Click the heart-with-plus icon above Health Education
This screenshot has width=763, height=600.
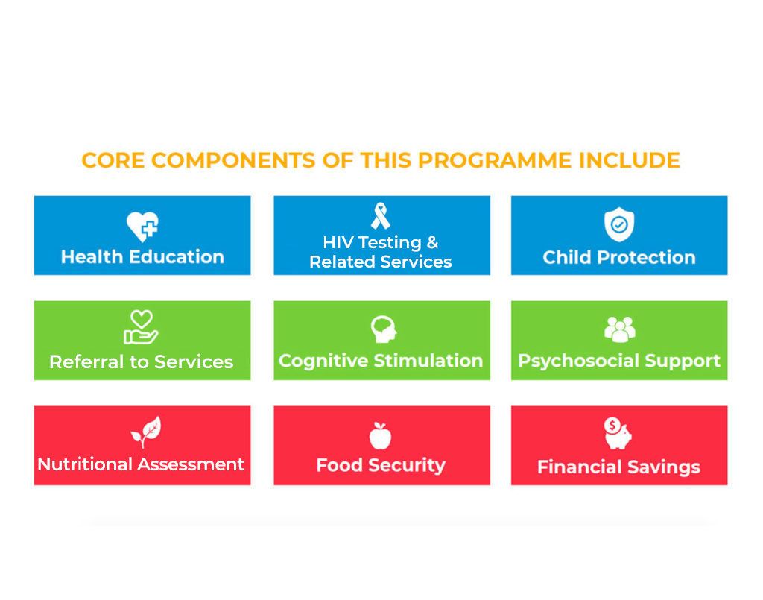[x=142, y=227]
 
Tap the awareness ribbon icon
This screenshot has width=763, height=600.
[x=381, y=216]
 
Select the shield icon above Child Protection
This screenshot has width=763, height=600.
[x=619, y=224]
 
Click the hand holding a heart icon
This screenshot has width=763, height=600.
[x=141, y=327]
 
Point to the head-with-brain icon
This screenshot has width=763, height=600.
[x=384, y=329]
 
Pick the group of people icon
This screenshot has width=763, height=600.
[x=619, y=329]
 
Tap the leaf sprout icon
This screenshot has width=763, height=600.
[x=146, y=431]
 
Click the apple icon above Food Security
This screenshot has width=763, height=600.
[x=380, y=435]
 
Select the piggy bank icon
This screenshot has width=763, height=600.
[x=617, y=433]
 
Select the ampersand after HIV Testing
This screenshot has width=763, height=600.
[x=432, y=241]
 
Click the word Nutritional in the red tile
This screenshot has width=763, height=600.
[x=85, y=464]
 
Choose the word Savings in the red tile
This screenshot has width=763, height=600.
[x=663, y=467]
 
